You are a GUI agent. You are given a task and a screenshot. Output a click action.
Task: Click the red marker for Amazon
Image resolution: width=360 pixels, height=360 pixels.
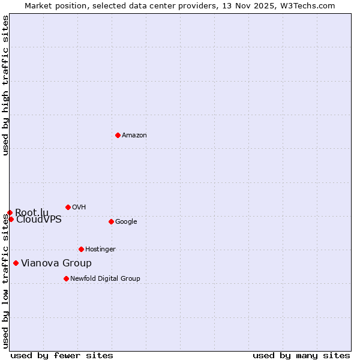(118, 135)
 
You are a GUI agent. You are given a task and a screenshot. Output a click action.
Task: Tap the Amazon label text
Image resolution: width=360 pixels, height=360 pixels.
(134, 136)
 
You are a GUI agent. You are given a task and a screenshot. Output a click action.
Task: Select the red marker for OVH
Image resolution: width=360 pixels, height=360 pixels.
(68, 207)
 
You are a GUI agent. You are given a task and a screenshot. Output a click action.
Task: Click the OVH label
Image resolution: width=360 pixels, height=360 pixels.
(79, 208)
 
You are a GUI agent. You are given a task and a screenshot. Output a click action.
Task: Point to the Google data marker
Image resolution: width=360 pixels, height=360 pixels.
(111, 221)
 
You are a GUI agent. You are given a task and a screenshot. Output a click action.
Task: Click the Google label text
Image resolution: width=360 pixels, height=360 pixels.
(126, 222)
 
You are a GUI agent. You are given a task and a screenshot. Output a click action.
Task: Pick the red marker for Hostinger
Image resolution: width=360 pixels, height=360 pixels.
(81, 249)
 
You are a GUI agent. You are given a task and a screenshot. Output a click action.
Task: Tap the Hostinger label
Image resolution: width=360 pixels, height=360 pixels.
(100, 250)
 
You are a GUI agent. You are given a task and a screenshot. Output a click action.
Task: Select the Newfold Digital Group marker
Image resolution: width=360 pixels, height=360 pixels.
(66, 278)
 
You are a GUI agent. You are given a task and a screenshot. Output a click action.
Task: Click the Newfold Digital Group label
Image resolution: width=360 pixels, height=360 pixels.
(105, 279)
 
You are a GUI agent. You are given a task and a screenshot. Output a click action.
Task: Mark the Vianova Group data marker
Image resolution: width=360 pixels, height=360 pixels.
(16, 263)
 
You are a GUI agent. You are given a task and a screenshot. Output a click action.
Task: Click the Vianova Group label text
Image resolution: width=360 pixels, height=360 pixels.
(56, 263)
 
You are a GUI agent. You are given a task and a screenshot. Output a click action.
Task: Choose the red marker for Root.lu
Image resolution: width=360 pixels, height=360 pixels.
(10, 212)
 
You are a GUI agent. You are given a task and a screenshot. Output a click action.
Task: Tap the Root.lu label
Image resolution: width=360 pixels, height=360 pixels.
(32, 212)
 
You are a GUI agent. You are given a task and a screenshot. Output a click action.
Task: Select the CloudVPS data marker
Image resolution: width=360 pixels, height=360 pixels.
(11, 219)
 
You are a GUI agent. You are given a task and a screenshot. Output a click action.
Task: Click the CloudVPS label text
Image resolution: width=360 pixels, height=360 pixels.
(39, 220)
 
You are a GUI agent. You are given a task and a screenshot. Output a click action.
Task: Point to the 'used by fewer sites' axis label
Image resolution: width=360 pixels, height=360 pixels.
(62, 355)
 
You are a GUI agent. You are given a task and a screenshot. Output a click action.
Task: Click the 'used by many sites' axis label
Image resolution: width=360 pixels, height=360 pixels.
(301, 355)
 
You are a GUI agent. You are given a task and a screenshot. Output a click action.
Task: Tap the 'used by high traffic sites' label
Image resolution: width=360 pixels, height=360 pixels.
(5, 85)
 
